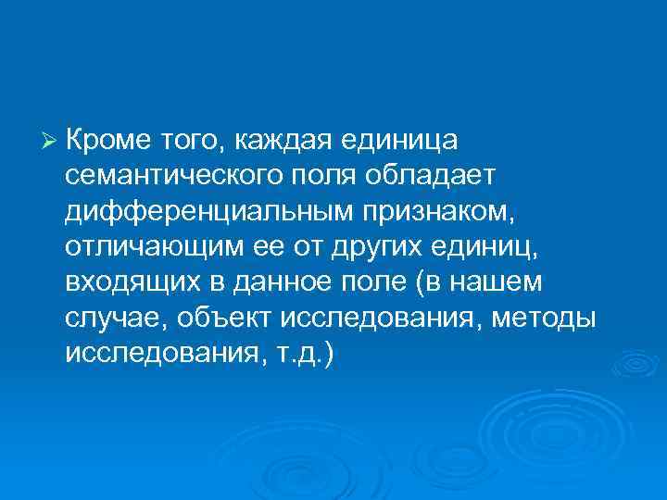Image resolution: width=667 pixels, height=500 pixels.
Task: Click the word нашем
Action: tap(508, 282)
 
